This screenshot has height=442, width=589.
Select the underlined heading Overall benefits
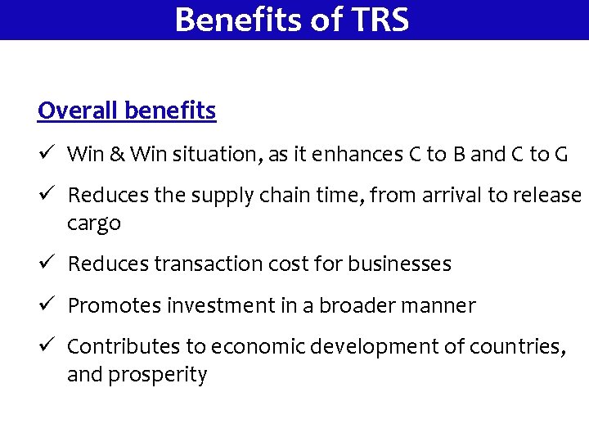127,110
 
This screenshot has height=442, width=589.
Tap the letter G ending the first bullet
560,154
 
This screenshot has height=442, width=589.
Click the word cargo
94,224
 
